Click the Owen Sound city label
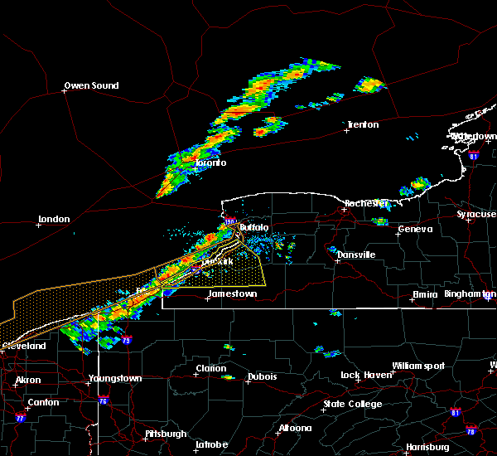91,85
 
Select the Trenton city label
363,124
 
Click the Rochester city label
366,203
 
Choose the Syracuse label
476,215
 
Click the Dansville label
356,255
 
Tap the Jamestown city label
232,293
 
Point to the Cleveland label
22,345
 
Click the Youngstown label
115,379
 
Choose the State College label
353,404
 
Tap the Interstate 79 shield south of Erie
127,340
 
